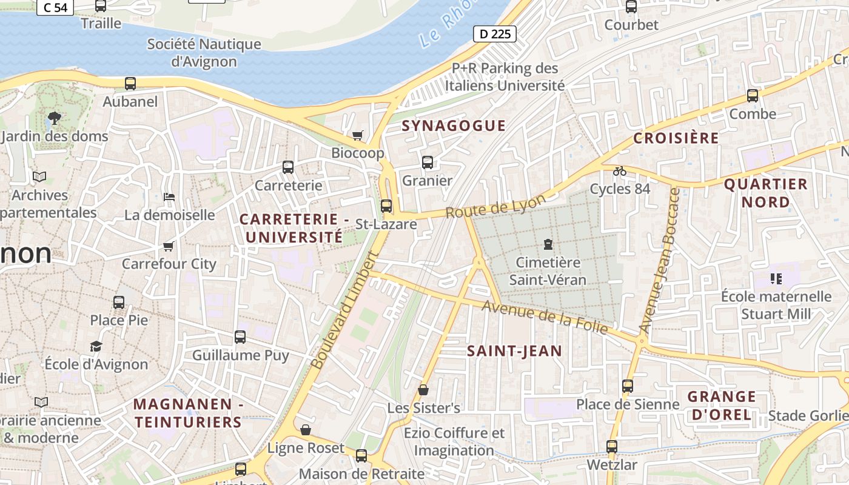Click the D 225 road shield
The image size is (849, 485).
495,34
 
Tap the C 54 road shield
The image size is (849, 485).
55,7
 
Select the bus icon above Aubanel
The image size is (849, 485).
130,84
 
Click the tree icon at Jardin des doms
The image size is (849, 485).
55,118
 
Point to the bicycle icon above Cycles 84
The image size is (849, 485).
619,171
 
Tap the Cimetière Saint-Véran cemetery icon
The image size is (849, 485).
548,244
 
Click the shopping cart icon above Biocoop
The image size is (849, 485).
358,135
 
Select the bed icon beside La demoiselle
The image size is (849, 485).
169,196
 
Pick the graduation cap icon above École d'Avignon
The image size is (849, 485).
96,346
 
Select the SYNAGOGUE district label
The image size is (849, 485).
454,125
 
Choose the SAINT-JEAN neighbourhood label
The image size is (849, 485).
514,350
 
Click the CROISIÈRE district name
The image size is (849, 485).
676,138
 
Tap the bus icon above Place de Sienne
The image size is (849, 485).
628,386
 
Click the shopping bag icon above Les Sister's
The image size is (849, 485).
423,390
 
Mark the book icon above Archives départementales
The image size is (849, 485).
39,177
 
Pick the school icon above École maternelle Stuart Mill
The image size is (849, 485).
776,279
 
